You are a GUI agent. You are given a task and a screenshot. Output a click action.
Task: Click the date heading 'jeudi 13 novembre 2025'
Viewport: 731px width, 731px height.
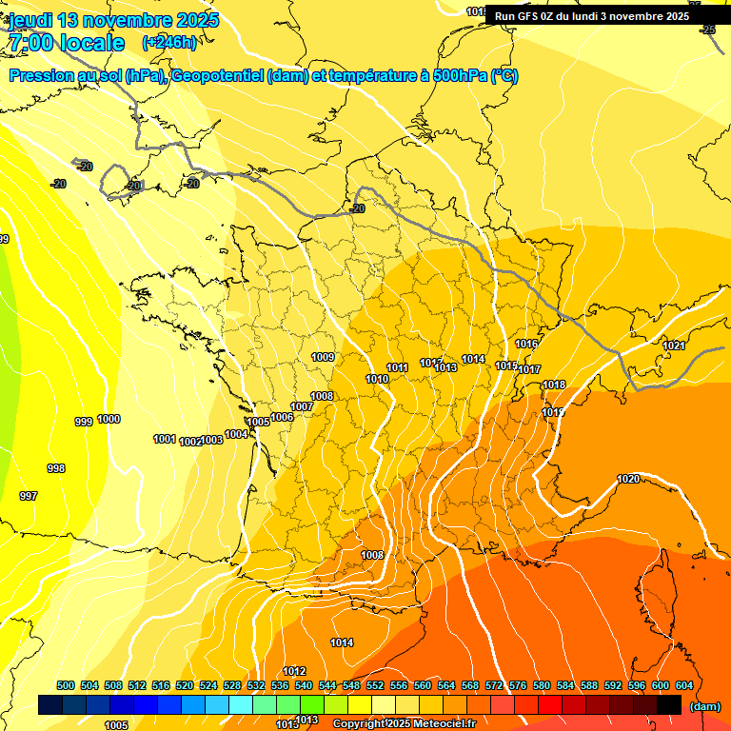[x=113, y=20]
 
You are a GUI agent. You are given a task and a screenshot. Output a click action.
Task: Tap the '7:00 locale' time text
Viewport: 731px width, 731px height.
[x=66, y=43]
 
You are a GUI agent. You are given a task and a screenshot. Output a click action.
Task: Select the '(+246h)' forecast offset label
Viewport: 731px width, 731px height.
[x=169, y=43]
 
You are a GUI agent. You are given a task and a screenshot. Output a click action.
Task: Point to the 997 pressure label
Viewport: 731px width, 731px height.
[x=29, y=496]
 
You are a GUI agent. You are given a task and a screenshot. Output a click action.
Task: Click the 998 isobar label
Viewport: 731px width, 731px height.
[x=56, y=468]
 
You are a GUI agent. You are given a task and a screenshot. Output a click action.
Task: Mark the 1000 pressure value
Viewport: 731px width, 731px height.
[x=109, y=419]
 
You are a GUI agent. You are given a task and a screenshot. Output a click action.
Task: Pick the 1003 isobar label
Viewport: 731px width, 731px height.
[x=212, y=440]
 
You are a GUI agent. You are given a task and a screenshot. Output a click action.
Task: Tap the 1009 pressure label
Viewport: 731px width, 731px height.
[x=323, y=357]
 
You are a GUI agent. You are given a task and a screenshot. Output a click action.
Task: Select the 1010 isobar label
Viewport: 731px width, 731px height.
[x=377, y=379]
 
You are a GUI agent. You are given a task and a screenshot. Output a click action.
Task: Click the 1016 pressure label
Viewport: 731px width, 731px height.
[x=526, y=344]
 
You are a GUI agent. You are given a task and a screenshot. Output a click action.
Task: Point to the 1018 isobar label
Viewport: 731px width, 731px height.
[x=554, y=385]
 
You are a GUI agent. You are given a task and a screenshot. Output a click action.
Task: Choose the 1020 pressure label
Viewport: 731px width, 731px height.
[x=628, y=479]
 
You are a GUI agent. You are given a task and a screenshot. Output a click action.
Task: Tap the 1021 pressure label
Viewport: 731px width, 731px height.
[x=674, y=346]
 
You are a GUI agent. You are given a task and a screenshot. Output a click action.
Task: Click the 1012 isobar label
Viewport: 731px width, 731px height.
[x=294, y=671]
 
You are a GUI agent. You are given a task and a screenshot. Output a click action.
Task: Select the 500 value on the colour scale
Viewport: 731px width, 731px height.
[x=66, y=685]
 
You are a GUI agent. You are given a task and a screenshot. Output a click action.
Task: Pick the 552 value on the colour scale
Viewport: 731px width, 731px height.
[x=375, y=685]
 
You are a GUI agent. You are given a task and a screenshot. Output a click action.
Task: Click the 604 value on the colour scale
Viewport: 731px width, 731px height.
[x=684, y=685]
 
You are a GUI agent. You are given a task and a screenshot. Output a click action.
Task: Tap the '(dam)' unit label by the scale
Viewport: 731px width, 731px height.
[x=704, y=706]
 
